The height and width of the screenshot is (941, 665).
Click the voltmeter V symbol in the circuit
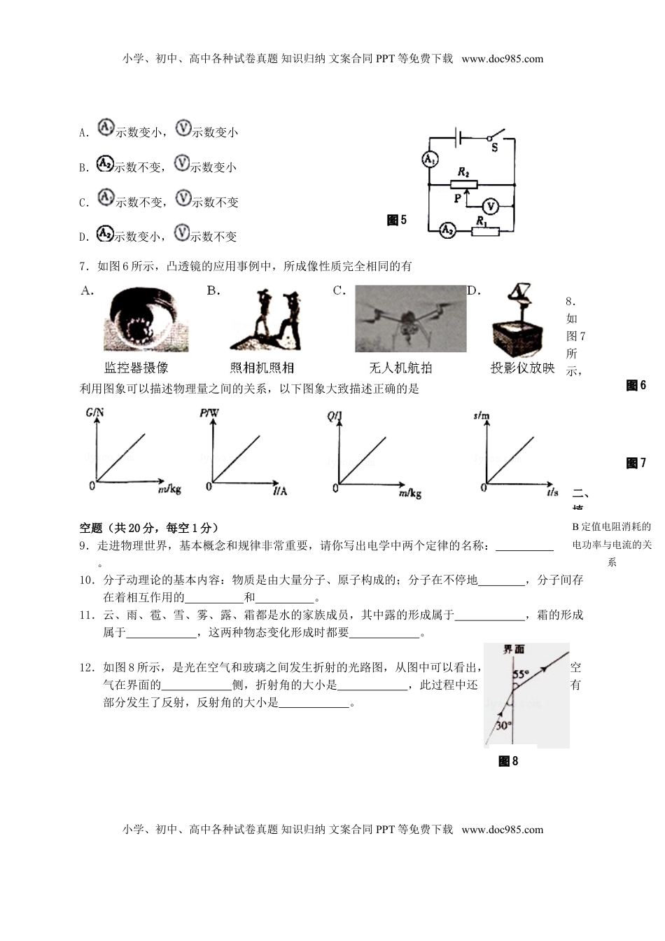pos(491,206)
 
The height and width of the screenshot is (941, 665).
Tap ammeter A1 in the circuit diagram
pos(429,160)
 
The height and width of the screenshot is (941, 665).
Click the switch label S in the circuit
pos(494,148)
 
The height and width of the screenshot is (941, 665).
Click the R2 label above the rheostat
pos(463,172)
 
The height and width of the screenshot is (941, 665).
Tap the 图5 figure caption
pos(396,221)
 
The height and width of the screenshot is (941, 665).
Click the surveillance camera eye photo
pos(146,320)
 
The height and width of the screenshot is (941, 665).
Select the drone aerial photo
pos(410,319)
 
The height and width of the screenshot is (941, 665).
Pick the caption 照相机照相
pos(262,368)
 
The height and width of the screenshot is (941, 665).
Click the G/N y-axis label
pos(94,413)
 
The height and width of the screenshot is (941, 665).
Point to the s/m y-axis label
pos(481,416)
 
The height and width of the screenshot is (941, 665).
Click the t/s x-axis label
pos(552,492)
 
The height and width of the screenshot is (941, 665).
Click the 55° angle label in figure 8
pos(520,675)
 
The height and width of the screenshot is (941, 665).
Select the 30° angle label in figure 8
pos(503,725)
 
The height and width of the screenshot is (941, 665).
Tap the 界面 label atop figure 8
pos(514,650)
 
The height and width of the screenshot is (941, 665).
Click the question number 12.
pos(87,667)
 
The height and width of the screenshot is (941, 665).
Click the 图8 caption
pos(508,761)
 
